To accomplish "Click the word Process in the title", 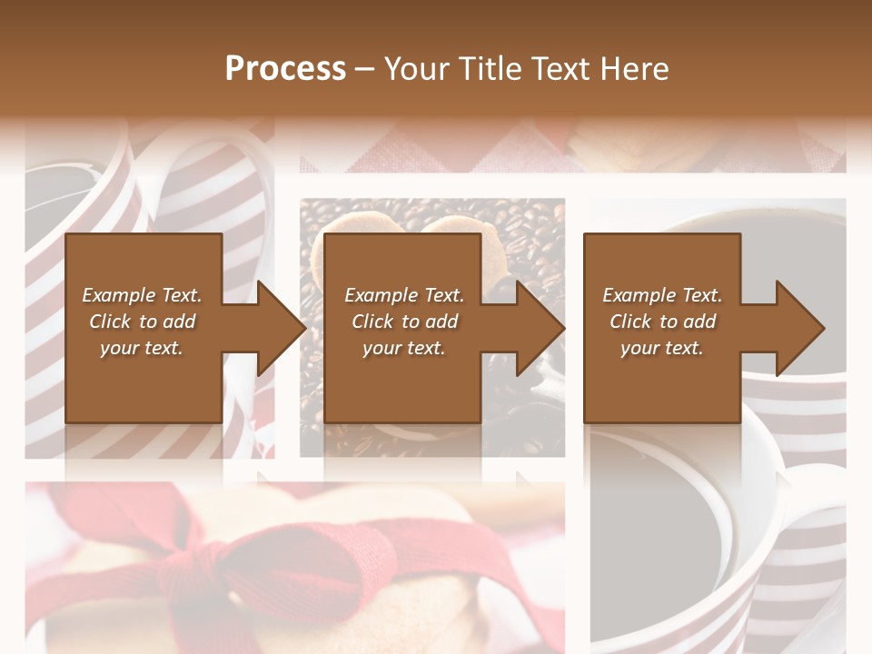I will click(x=285, y=69).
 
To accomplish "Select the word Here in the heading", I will click(x=634, y=69).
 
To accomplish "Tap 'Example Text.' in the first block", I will click(x=142, y=295).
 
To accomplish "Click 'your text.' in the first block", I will click(x=142, y=348).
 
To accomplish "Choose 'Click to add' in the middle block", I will click(x=404, y=322).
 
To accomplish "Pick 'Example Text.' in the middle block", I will click(x=404, y=295).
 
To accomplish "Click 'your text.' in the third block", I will click(x=662, y=348).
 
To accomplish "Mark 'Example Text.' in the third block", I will click(x=662, y=295).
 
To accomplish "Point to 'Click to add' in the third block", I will click(x=662, y=322).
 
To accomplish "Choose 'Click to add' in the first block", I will click(x=142, y=322).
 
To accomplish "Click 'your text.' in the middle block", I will click(x=404, y=348).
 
